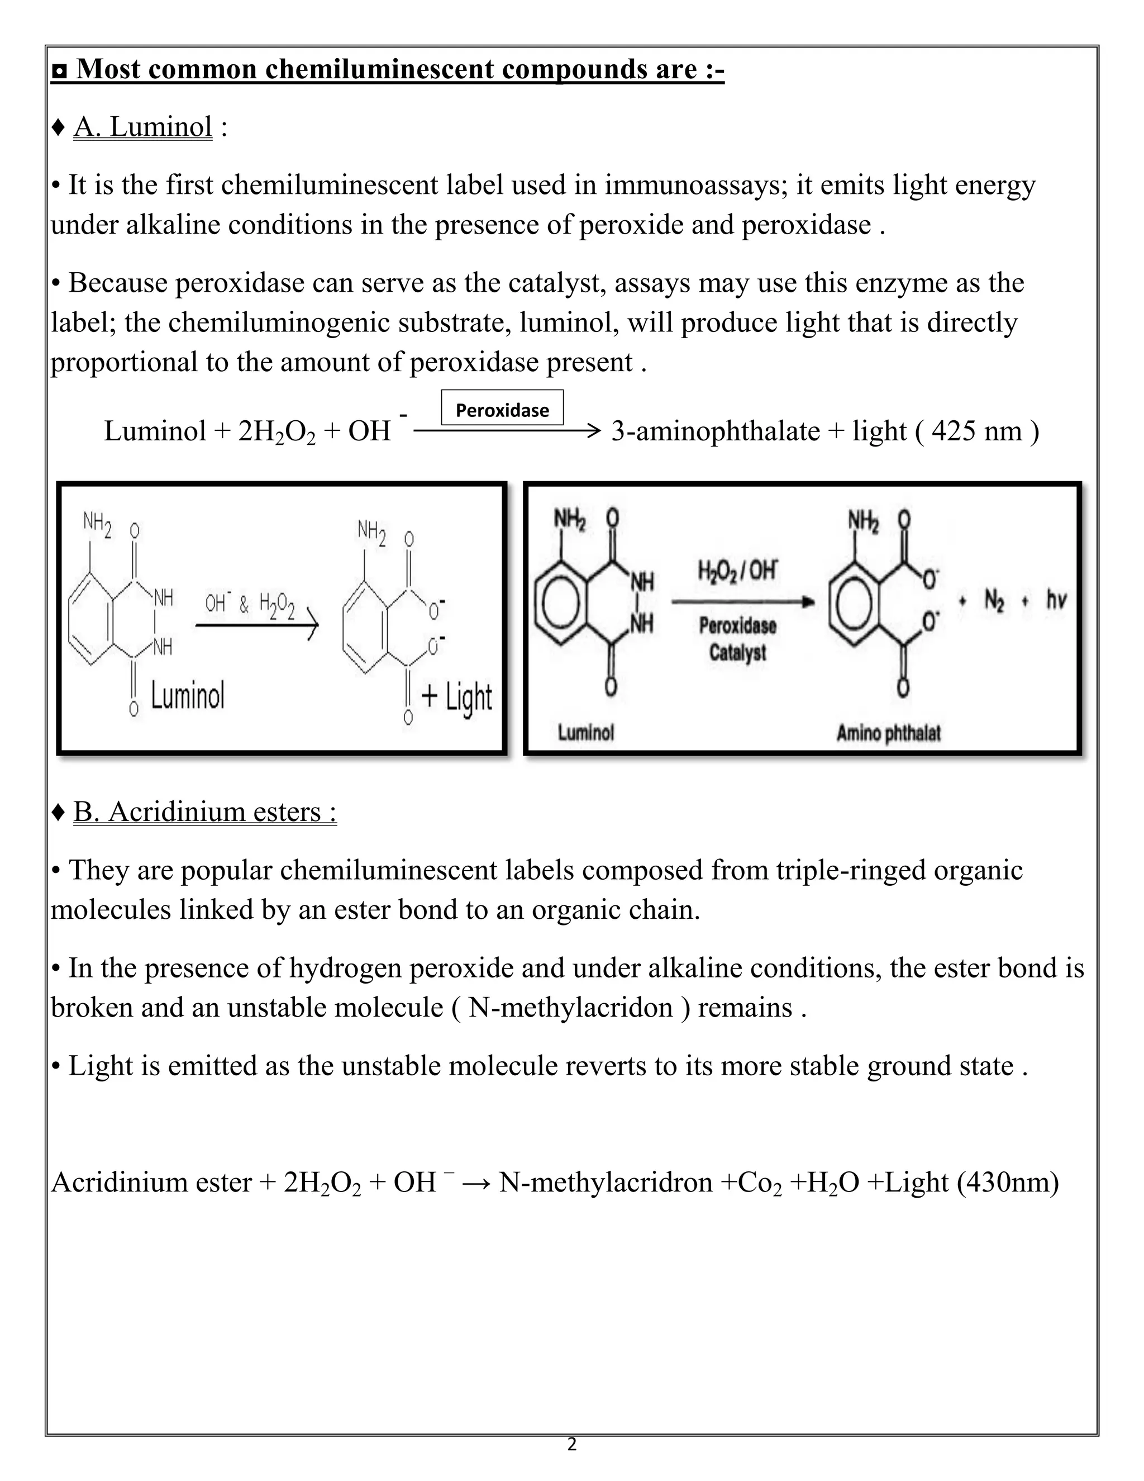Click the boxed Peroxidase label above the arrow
coord(502,410)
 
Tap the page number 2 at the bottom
coord(571,1444)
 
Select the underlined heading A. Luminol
coord(143,127)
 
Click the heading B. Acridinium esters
coord(204,811)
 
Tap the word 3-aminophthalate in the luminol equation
coord(715,431)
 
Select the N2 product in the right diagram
coord(994,600)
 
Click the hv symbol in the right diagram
coord(1056,600)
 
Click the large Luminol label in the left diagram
coord(187,696)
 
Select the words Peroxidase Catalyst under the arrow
coord(737,639)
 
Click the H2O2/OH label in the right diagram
coord(737,570)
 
